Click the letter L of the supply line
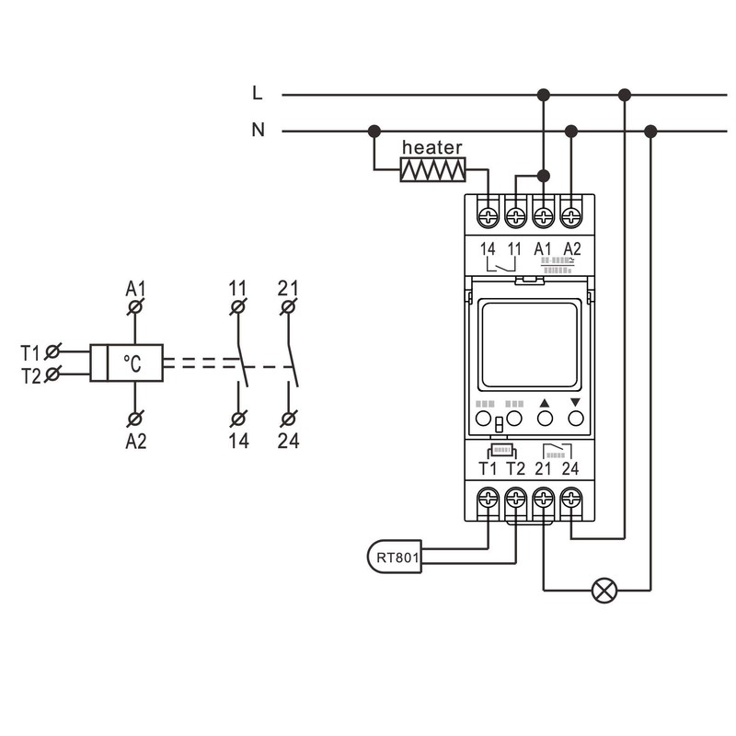coord(258,93)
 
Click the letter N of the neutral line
coord(259,131)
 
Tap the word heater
coord(432,147)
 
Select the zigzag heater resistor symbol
coord(432,169)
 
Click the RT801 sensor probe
coord(394,557)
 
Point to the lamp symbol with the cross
coord(604,590)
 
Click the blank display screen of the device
coord(530,345)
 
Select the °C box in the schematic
coord(135,362)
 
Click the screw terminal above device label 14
coord(488,217)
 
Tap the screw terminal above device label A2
coord(571,217)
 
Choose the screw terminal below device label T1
coord(488,499)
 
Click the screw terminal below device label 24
coord(571,499)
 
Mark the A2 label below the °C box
coord(135,442)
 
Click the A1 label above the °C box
coord(135,288)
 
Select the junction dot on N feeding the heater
coord(374,131)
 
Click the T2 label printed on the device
coord(515,469)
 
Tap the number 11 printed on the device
coord(515,248)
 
